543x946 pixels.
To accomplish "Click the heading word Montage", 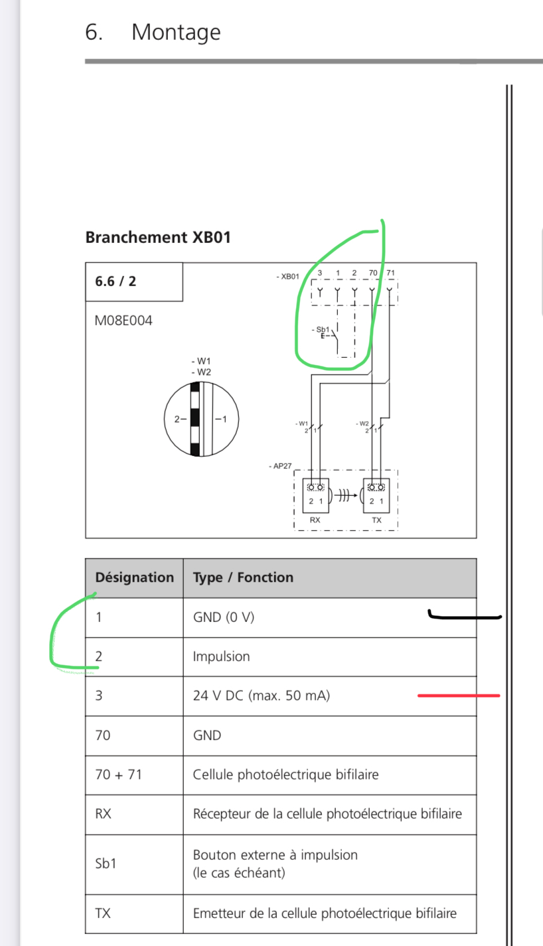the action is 176,33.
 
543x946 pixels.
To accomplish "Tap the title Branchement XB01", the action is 159,238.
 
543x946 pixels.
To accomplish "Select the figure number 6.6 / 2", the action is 116,281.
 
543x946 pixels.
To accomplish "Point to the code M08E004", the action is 123,321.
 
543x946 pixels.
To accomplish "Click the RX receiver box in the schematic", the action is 316,495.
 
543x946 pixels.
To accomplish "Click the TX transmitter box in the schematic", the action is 376,495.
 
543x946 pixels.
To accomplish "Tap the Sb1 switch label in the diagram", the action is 323,329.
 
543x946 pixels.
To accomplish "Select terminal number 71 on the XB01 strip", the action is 390,273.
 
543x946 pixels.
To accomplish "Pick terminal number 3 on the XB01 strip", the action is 320,273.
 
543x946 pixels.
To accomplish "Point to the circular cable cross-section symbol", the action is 201,419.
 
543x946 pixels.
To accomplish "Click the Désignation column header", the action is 134,578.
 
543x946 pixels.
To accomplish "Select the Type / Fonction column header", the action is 243,578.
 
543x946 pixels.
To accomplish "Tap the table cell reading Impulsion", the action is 221,657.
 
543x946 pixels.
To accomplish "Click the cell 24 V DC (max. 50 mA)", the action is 262,696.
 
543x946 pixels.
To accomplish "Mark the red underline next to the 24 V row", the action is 459,695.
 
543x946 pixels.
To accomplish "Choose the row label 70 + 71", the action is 119,775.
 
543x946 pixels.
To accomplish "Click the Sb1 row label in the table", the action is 106,864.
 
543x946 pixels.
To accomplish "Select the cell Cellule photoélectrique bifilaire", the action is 286,775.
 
